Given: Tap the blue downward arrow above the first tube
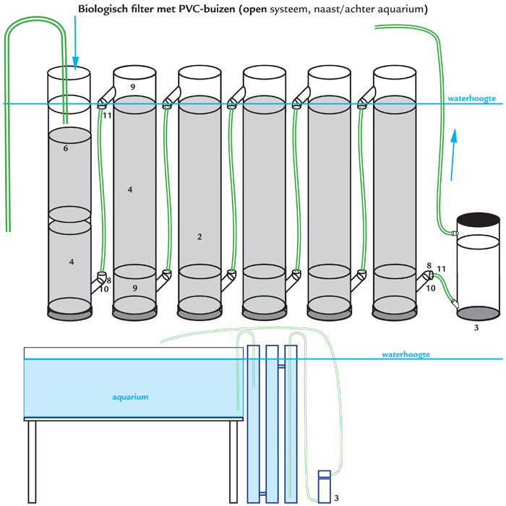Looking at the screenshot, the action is pos(75,43).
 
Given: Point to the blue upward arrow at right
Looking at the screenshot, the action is pos(453,155).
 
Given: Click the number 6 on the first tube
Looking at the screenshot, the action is pos(66,148).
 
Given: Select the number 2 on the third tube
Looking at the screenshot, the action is pos(200,237).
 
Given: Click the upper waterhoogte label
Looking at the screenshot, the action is pos(471,98).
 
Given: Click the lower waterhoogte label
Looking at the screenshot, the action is pos(406,354).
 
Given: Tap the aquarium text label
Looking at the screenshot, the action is pos(130,397).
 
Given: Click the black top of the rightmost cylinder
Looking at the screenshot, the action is pos(479,220).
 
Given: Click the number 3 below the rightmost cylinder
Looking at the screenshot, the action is pos(476,328).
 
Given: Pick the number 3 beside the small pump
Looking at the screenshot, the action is pos(336,498).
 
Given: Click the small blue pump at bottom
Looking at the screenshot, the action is pos(325,486).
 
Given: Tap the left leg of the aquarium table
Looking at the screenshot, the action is pos(32,462).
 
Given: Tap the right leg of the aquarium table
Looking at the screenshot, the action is pos(233,462).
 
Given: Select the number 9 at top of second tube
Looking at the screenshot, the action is pos(132,87).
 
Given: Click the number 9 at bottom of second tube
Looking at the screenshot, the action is pos(135,288).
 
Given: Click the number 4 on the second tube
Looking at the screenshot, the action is pos(130,189).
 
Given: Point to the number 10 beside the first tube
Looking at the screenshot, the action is pos(104,289).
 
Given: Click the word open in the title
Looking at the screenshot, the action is pos(254,9).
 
